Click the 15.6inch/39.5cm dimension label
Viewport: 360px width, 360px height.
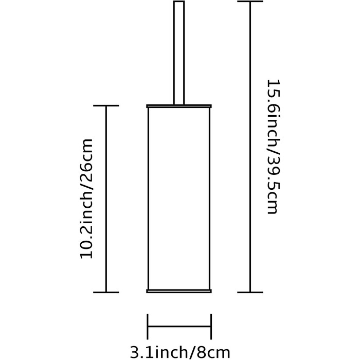[x=273, y=147]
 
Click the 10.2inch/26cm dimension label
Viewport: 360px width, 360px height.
[x=86, y=199]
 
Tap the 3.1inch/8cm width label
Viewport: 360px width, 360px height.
[x=180, y=352]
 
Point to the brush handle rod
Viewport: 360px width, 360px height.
[x=179, y=53]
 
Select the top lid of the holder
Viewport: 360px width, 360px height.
[x=179, y=106]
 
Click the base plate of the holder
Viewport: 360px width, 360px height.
[x=179, y=291]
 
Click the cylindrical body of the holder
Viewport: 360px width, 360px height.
[x=179, y=199]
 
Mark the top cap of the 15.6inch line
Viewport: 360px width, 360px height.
[x=250, y=2]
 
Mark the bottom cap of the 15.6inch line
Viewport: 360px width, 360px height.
[x=250, y=292]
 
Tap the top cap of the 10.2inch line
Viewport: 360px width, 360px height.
[x=106, y=105]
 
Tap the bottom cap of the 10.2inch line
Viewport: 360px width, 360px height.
[x=106, y=292]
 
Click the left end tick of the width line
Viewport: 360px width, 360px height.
[x=148, y=327]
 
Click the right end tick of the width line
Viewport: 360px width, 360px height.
[x=211, y=327]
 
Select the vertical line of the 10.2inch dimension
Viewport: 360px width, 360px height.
[x=106, y=199]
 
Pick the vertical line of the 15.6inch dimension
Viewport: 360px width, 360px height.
[x=250, y=147]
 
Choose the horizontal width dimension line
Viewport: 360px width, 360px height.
[x=179, y=326]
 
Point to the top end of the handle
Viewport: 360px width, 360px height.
[x=179, y=2]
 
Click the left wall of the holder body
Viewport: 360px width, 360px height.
[x=148, y=199]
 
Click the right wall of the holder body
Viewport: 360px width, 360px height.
[x=210, y=199]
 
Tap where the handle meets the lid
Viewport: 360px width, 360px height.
[x=179, y=105]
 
